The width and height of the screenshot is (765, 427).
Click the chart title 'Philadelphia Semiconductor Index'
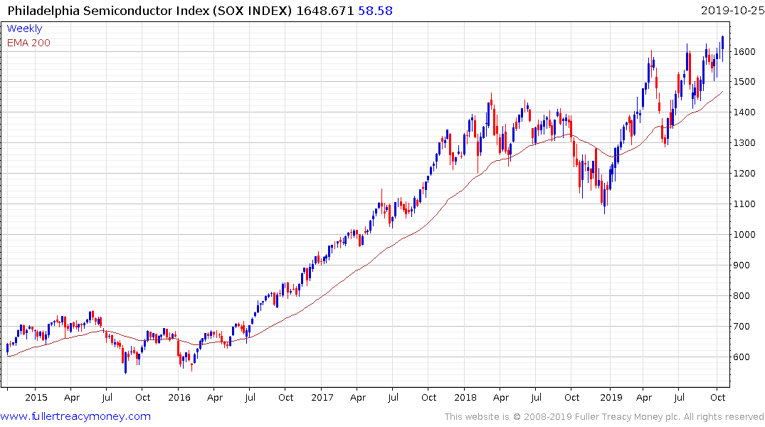click(96, 11)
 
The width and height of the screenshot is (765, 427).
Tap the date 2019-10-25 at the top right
click(731, 11)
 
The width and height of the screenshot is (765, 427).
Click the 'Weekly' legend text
click(24, 28)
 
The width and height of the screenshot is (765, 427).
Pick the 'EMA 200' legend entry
click(28, 43)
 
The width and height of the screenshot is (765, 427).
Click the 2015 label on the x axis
click(36, 397)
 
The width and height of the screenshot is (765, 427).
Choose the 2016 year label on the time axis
click(179, 397)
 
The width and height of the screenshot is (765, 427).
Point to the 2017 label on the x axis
click(322, 397)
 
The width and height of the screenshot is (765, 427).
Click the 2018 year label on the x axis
click(465, 397)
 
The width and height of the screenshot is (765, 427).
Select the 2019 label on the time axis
click(610, 397)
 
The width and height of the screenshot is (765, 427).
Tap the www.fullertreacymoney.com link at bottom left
click(75, 416)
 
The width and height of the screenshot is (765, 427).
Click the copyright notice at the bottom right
click(604, 416)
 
